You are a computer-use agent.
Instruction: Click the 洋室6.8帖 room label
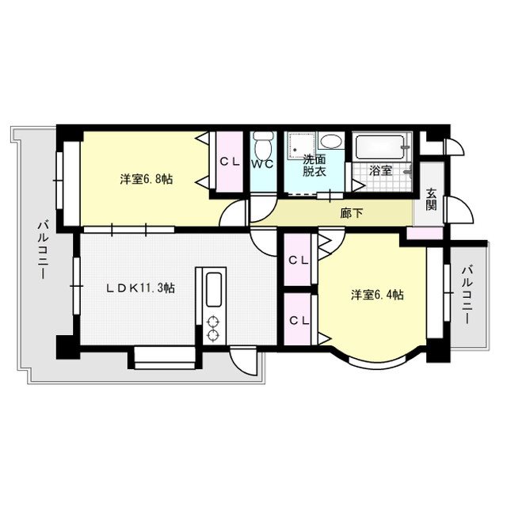pyautogui.click(x=146, y=179)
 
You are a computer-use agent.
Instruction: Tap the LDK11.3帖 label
pyautogui.click(x=141, y=288)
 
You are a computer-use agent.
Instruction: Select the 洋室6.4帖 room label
pyautogui.click(x=377, y=295)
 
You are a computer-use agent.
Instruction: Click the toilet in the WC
pyautogui.click(x=264, y=146)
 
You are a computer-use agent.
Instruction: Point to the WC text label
pyautogui.click(x=263, y=164)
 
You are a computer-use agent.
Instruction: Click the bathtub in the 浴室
pyautogui.click(x=379, y=147)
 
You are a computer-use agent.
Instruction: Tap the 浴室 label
pyautogui.click(x=380, y=170)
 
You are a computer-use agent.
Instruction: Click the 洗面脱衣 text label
pyautogui.click(x=314, y=166)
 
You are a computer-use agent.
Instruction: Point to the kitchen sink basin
pyautogui.click(x=214, y=289)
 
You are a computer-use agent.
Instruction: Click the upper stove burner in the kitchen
pyautogui.click(x=213, y=322)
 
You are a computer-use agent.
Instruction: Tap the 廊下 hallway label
pyautogui.click(x=352, y=213)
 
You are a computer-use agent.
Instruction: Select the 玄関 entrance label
pyautogui.click(x=431, y=199)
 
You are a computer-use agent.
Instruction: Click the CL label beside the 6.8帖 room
pyautogui.click(x=230, y=162)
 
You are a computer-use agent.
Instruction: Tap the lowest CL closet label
pyautogui.click(x=299, y=320)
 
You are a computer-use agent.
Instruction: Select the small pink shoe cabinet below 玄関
pyautogui.click(x=425, y=233)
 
